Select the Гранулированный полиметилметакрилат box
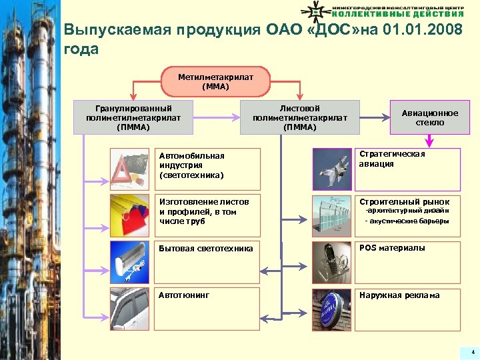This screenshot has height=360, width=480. pos(133,117)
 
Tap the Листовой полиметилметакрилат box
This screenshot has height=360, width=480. pos(301,117)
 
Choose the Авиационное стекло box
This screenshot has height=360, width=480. pos(430,118)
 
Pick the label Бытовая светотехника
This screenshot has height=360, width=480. pos(205,249)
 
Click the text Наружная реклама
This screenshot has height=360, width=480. pos(399,295)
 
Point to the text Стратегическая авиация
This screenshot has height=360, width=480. pos(392,159)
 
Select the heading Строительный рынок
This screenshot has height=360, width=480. pos(404,201)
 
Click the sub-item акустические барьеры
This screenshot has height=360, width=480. pos(409,221)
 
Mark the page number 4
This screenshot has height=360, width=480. pos(473,351)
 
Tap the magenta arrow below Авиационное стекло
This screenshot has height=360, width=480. pos(430,140)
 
